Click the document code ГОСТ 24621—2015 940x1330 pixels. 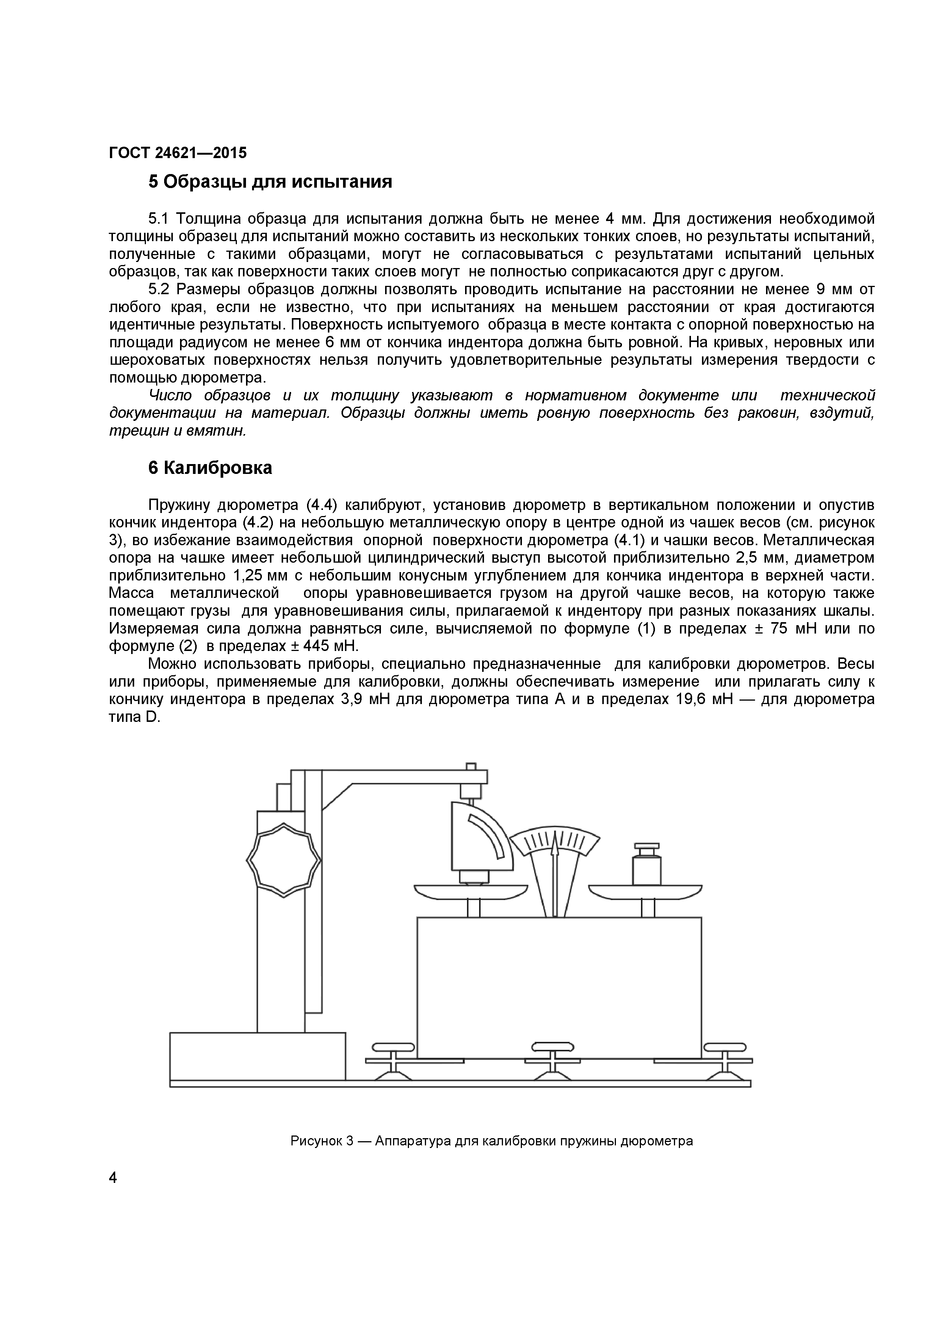click(x=177, y=153)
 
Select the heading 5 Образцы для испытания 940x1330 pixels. click(x=271, y=182)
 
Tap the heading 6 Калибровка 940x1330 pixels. click(x=210, y=467)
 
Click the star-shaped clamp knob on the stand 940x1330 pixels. click(x=283, y=860)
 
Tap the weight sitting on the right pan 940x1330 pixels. click(x=646, y=866)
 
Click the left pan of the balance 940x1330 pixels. click(x=470, y=891)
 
